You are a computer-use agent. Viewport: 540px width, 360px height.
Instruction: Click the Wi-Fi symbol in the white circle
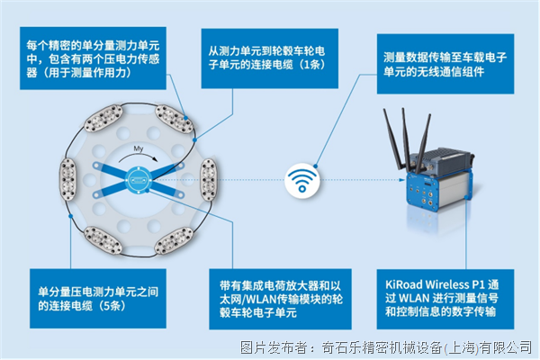click(x=302, y=181)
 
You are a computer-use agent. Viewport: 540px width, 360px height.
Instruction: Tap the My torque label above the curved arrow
click(x=138, y=148)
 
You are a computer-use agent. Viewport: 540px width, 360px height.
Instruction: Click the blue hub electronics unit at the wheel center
click(x=139, y=180)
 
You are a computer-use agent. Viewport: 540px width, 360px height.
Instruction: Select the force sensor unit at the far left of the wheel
click(x=67, y=179)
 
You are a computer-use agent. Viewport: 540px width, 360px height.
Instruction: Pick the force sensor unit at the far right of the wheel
click(x=209, y=179)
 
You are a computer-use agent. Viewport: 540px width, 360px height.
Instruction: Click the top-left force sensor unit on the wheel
click(x=103, y=118)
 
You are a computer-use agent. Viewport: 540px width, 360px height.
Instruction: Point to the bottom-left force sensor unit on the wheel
click(x=103, y=240)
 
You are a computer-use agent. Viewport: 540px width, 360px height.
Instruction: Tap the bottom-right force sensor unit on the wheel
click(x=174, y=240)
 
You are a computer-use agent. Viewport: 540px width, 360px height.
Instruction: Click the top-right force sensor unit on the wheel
click(x=174, y=119)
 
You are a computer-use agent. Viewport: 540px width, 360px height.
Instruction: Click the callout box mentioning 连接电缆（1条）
click(x=270, y=58)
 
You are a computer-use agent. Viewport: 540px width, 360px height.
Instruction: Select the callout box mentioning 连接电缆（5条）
click(x=98, y=298)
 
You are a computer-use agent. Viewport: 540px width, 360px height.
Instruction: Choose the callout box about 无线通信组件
click(x=445, y=64)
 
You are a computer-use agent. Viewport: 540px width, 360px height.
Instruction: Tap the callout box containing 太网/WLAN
click(x=280, y=299)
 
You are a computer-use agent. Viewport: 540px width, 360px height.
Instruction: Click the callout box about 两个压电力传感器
click(x=93, y=58)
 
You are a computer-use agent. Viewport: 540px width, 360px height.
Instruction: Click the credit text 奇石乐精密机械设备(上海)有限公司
click(x=427, y=347)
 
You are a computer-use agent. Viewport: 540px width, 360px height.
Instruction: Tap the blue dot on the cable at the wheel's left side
click(x=70, y=216)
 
